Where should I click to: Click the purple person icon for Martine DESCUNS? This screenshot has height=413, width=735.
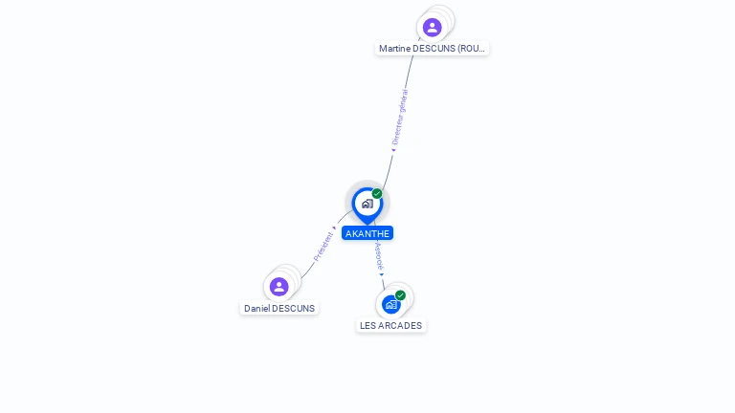pyautogui.click(x=432, y=27)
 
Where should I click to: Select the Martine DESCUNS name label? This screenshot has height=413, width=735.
pyautogui.click(x=432, y=48)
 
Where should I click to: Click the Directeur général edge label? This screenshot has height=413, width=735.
pyautogui.click(x=400, y=117)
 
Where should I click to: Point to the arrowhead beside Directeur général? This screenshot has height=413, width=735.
pyautogui.click(x=393, y=150)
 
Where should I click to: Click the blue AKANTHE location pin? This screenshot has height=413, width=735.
pyautogui.click(x=367, y=206)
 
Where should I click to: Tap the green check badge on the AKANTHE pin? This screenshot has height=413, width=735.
pyautogui.click(x=377, y=193)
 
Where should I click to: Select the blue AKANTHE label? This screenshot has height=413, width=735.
pyautogui.click(x=367, y=233)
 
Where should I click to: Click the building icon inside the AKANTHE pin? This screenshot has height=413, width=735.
pyautogui.click(x=367, y=204)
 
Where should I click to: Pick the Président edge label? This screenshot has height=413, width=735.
pyautogui.click(x=323, y=247)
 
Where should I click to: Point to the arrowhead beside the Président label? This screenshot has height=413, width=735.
pyautogui.click(x=334, y=228)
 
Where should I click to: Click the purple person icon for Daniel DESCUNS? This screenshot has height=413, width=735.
pyautogui.click(x=278, y=287)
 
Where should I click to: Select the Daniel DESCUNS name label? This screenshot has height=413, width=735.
pyautogui.click(x=279, y=308)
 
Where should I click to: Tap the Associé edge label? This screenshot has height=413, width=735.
pyautogui.click(x=379, y=256)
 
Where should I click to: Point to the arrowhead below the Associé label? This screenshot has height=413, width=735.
pyautogui.click(x=382, y=275)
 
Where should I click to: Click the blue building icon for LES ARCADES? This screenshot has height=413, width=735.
pyautogui.click(x=390, y=304)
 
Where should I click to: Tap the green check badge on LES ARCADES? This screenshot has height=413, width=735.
pyautogui.click(x=400, y=295)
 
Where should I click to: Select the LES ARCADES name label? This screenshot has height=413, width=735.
pyautogui.click(x=390, y=325)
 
